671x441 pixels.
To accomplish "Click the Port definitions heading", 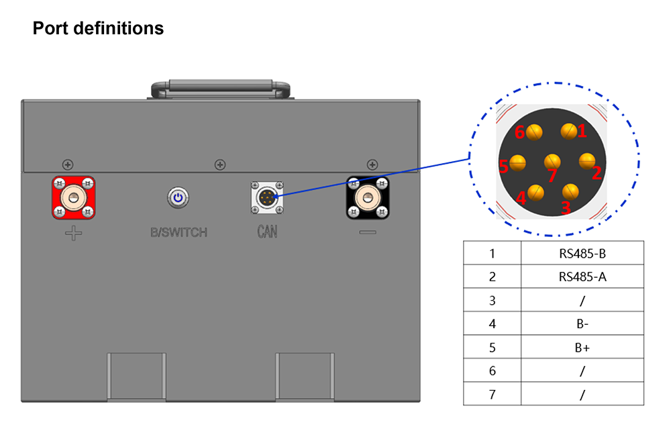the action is (98, 28).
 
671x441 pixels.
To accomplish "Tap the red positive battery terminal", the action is (74, 198).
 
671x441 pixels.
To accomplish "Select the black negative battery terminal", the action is (368, 198).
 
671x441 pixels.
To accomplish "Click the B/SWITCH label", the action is (179, 232).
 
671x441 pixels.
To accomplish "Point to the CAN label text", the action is (268, 232).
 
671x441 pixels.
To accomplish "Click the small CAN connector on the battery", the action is (267, 198).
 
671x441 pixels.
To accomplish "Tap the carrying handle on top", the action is (221, 89).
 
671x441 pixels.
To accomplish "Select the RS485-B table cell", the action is (582, 254).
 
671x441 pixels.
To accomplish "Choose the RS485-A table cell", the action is (582, 277).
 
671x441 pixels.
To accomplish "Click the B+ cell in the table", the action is (582, 347).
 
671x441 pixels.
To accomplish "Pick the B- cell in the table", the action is (582, 324).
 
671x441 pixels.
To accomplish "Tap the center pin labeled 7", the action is (552, 162).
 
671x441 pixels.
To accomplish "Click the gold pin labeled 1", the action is (569, 131).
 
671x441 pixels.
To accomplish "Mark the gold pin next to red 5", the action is (518, 162).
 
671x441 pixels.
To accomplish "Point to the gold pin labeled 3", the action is (570, 191).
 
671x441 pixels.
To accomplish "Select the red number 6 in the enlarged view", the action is (520, 132).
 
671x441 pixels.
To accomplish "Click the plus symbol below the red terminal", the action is (74, 234).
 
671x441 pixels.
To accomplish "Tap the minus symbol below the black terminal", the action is (368, 232).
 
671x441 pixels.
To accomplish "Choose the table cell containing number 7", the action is (492, 394).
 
